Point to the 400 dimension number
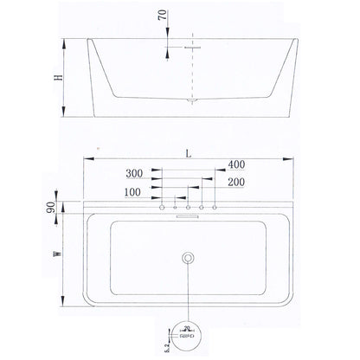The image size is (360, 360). (x=236, y=164)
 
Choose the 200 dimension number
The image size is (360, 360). (x=235, y=182)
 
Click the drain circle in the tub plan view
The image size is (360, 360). (x=188, y=259)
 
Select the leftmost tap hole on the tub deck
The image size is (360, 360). (x=161, y=208)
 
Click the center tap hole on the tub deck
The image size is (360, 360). (x=188, y=208)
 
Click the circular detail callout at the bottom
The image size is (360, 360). (x=188, y=332)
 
